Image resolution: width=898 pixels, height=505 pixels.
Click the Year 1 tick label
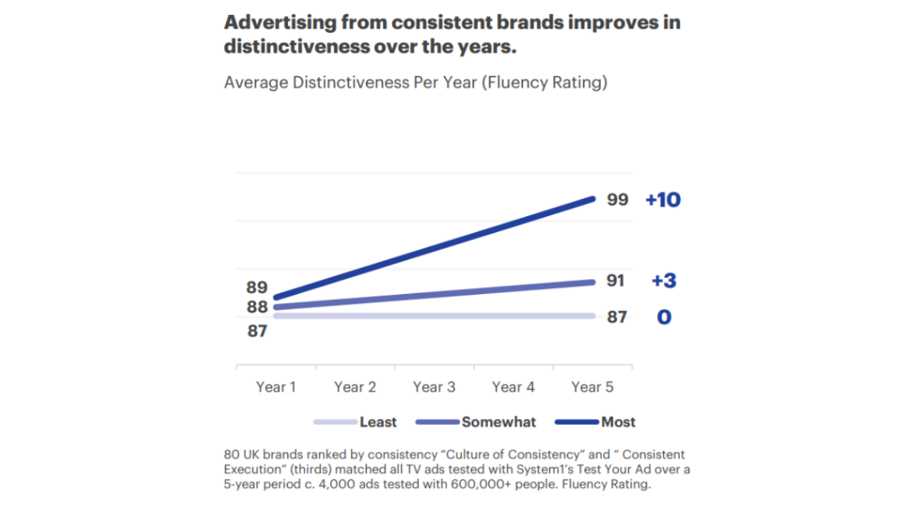pos(275,388)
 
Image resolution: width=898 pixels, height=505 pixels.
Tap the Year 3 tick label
pos(434,388)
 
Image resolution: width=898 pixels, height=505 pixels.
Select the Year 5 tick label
pos(592,388)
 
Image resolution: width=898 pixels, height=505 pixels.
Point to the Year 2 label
pos(355,388)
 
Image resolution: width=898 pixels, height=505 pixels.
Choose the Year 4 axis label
pos(513,388)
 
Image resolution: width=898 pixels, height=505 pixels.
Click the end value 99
pos(617,200)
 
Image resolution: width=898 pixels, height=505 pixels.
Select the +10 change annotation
pos(662,201)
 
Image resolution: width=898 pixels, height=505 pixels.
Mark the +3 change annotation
pos(664,281)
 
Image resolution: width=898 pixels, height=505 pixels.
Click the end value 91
pos(615,281)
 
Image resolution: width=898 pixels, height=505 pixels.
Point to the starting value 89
pos(257,287)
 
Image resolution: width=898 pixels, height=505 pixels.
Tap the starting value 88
pos(257,307)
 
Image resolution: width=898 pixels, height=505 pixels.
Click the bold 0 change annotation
pos(664,317)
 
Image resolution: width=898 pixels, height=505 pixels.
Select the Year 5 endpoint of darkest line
pos(593,199)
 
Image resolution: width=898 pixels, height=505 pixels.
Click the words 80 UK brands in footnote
pos(263,454)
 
